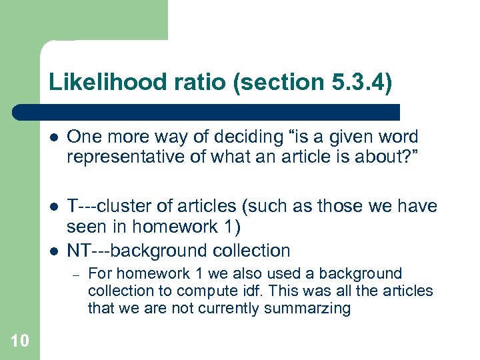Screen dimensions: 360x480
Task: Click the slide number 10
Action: coord(20,341)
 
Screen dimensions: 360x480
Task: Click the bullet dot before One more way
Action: coord(53,138)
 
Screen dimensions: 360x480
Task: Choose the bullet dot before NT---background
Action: coord(53,251)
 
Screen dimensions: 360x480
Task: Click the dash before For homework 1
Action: coord(75,274)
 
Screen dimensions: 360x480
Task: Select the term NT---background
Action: coord(125,251)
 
